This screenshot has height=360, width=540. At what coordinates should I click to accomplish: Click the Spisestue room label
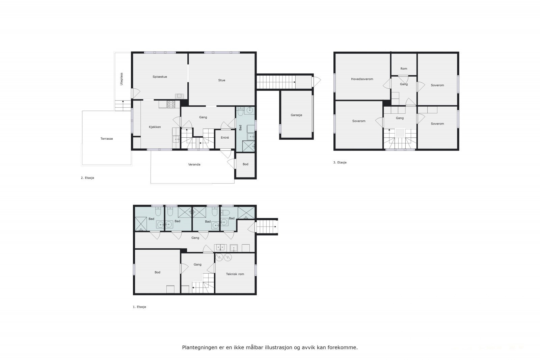point(160,77)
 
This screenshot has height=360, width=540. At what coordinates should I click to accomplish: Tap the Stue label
point(221,80)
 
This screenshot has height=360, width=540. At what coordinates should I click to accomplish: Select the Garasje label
point(296,115)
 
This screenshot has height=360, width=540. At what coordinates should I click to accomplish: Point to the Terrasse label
point(107,139)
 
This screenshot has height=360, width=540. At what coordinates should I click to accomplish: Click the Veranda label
point(194,165)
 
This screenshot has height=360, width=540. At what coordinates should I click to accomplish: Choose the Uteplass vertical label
point(122,79)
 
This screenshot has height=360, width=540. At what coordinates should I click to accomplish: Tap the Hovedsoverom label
point(362,79)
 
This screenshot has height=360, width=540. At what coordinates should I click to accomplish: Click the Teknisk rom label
point(235,274)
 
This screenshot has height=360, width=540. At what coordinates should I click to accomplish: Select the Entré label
point(225,138)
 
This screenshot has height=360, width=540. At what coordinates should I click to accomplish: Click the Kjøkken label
point(155,127)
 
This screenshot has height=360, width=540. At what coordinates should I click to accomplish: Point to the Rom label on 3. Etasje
point(404,69)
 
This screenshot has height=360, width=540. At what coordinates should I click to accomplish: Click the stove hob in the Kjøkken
point(171,104)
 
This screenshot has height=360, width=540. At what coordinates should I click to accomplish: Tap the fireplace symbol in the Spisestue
point(179,96)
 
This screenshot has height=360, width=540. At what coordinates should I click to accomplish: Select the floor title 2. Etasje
point(87,178)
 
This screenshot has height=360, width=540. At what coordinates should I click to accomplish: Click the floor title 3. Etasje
point(340,162)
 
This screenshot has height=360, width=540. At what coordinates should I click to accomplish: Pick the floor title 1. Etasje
point(139,307)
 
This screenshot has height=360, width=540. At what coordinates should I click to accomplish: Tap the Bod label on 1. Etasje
point(157,272)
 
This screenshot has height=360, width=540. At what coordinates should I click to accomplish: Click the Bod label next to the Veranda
point(245,164)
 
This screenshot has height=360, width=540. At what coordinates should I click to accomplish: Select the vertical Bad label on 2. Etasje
point(240,128)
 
